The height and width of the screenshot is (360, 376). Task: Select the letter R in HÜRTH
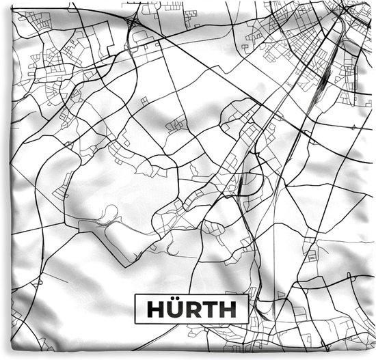(193, 309)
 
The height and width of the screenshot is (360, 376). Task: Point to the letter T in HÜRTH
(209, 309)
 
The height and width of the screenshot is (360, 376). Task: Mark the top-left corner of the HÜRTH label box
(135, 294)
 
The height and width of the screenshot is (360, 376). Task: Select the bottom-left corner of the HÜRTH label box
(135, 325)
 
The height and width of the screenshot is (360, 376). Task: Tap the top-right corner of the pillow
(373, 3)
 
